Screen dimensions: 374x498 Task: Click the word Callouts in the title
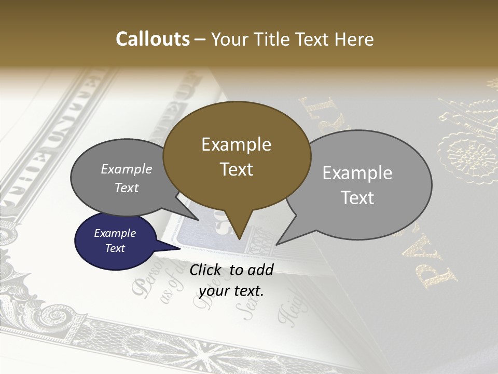coord(153,39)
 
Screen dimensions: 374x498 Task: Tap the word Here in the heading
coord(354,39)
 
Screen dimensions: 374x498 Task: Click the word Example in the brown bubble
coord(236,144)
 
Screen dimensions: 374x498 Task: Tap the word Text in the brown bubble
coord(236,169)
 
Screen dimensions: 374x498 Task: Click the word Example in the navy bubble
coord(115,233)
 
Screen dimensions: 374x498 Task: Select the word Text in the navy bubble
coord(115,248)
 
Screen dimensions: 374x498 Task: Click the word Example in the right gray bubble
coord(357,173)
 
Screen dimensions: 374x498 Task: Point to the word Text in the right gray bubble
coord(357,198)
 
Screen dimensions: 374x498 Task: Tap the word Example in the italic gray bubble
coord(126,169)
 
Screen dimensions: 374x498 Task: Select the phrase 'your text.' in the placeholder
coord(231,291)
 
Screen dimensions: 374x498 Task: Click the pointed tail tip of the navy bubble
coord(181,248)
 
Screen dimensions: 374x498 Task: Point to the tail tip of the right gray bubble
coord(277,244)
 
